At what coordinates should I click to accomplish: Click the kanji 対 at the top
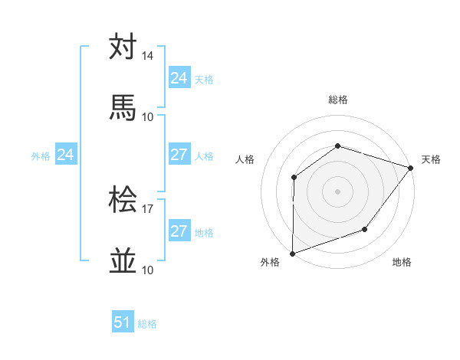click(123, 47)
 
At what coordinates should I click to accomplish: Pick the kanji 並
click(123, 261)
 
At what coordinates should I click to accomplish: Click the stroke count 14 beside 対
click(148, 56)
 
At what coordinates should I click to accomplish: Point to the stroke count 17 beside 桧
click(148, 208)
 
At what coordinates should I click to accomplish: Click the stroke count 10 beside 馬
click(148, 116)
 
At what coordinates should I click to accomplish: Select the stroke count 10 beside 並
click(148, 270)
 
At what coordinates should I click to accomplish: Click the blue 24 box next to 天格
click(179, 78)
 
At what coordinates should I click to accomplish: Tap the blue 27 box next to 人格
click(179, 155)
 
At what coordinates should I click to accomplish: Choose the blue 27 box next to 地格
click(179, 231)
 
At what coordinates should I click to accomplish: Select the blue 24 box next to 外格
click(66, 155)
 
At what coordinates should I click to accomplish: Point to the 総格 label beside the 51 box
click(147, 324)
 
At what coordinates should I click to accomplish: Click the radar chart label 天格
click(431, 159)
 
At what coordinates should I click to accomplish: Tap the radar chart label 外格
click(270, 262)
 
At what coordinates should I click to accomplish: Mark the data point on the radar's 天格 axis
click(412, 167)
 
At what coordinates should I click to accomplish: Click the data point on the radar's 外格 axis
click(292, 253)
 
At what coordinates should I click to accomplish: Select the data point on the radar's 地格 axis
click(365, 229)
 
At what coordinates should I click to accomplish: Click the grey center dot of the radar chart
click(337, 191)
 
